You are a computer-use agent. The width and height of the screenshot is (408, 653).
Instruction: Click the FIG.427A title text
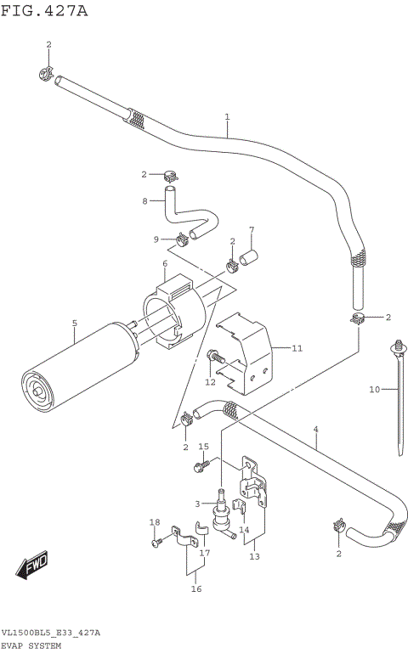click(44, 11)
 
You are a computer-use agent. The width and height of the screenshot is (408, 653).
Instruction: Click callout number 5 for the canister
click(74, 324)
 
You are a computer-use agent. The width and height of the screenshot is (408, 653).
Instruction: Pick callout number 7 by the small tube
click(252, 230)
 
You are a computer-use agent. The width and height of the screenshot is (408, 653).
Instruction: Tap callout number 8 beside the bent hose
click(145, 201)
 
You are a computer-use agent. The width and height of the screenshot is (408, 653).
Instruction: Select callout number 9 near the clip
click(156, 239)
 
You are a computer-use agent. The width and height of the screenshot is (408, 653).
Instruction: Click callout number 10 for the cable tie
click(373, 390)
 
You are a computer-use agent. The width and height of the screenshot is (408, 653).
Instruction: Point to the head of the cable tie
click(398, 346)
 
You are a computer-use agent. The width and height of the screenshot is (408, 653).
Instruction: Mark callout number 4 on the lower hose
click(315, 430)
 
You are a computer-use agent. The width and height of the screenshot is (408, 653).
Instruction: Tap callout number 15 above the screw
click(203, 447)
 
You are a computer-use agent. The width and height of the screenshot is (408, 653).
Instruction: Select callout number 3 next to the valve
click(197, 504)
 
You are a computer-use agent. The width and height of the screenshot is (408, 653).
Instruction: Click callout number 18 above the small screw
click(154, 522)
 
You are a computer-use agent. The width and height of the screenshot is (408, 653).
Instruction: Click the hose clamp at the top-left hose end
click(48, 75)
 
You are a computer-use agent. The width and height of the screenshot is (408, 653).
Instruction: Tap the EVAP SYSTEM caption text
click(37, 646)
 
